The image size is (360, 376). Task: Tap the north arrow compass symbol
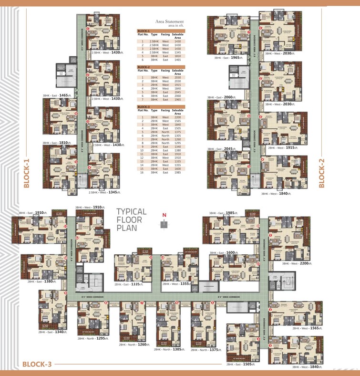[164, 223]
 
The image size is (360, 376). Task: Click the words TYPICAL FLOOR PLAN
[132, 219]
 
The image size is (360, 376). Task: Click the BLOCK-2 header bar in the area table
[161, 67]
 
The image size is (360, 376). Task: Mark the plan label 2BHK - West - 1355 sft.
[177, 284]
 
